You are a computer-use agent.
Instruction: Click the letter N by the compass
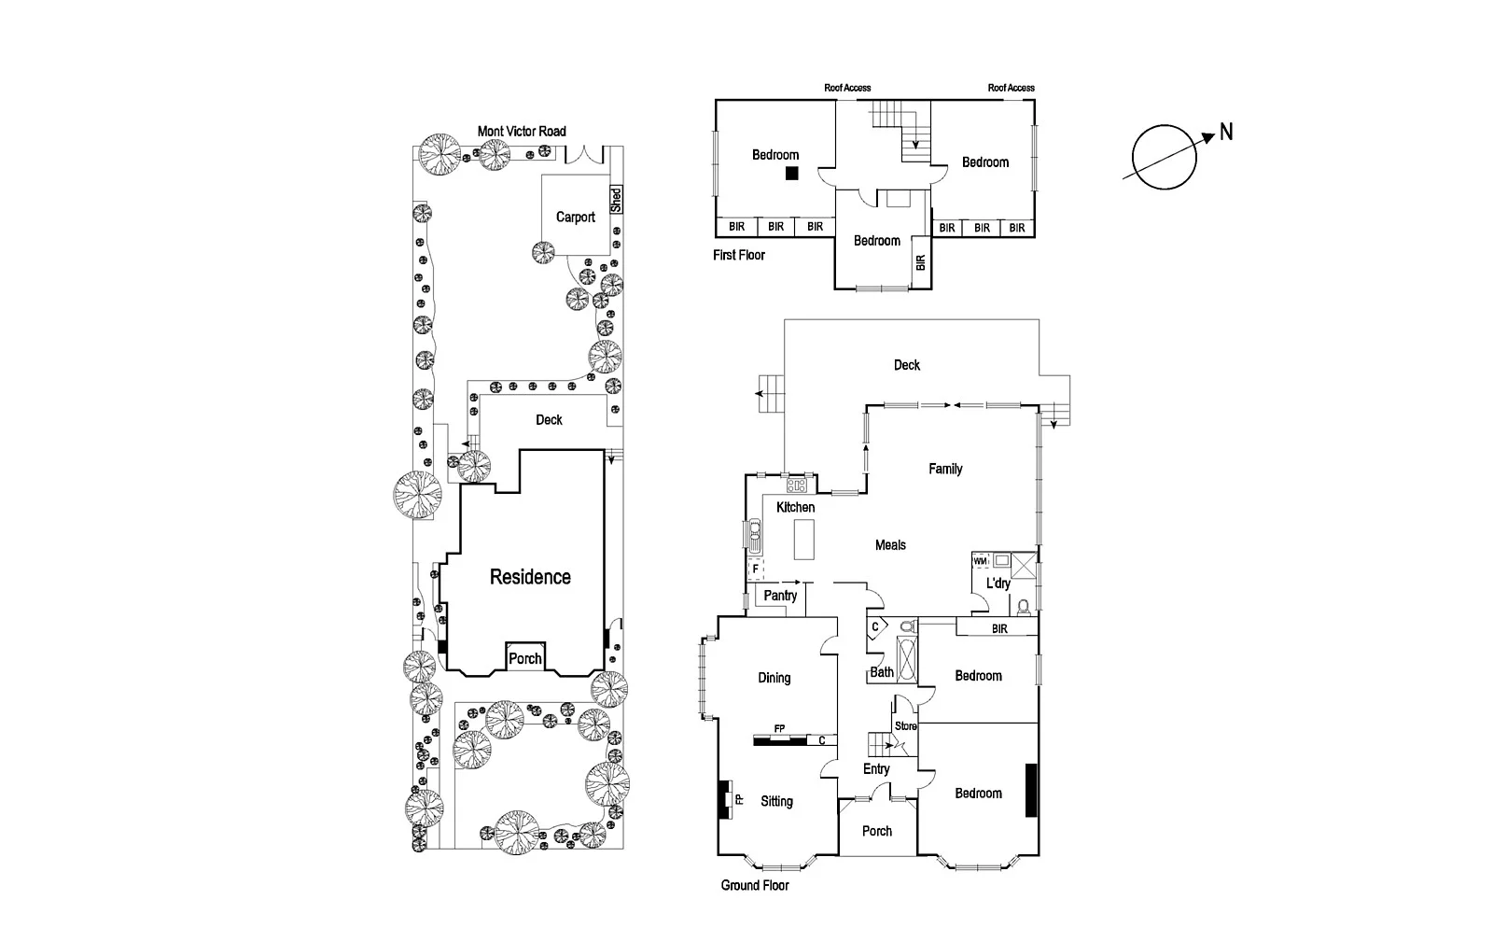pos(1226,133)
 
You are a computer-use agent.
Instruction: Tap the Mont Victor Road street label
pos(522,132)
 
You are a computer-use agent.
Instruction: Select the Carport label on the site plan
pos(575,218)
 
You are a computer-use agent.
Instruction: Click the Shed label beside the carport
pos(616,200)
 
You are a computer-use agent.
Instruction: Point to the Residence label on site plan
pos(530,577)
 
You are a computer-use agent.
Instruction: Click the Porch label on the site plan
pos(525,658)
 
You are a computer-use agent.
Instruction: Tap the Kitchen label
pos(795,507)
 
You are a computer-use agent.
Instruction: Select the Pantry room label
pos(780,596)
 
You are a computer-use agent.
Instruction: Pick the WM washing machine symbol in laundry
pos(980,562)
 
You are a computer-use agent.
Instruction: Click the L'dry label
pos(998,583)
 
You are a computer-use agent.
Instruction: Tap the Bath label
pos(882,671)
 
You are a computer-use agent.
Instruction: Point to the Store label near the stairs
pos(905,725)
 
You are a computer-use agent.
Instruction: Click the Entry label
pos(876,769)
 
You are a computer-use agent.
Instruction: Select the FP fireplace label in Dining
pos(779,728)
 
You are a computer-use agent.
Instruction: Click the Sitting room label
pos(776,801)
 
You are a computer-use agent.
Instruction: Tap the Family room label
pos(944,469)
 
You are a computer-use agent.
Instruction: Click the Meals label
pos(890,545)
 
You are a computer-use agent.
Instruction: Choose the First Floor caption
pos(739,255)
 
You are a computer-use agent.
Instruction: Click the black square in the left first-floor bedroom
pos(791,173)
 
